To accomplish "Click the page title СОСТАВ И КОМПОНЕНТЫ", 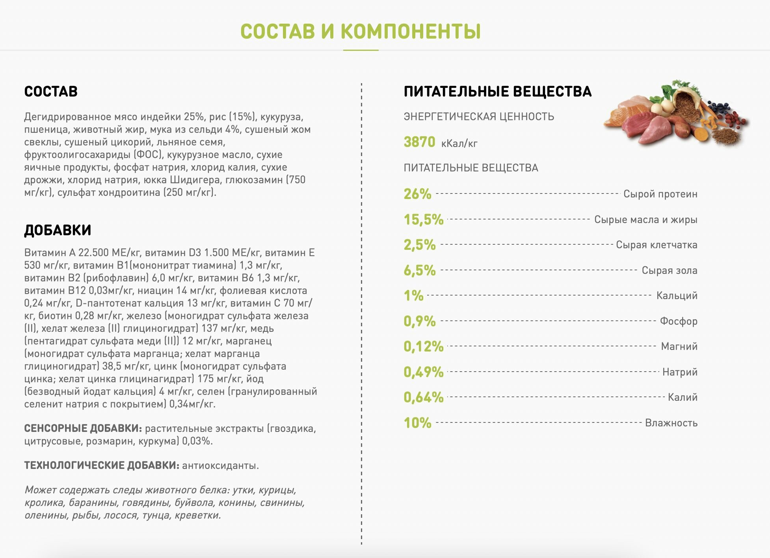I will point(360,32).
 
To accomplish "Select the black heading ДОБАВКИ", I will point(58,230).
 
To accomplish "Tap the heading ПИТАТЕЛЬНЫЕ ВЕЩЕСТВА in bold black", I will point(497,91).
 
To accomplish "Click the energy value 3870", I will point(419,142).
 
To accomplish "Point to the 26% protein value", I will point(417,194).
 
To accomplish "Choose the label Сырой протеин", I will point(660,194).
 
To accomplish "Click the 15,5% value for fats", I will point(423,219).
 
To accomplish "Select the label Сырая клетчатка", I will point(657,245).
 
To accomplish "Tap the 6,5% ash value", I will point(419,270).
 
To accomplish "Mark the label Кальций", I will point(677,296).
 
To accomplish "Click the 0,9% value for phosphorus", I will point(419,321).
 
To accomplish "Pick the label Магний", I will point(679,346).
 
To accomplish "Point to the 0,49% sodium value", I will point(423,372).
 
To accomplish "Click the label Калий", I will point(683,397).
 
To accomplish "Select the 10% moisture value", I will point(417,423).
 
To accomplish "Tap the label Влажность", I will point(671,423).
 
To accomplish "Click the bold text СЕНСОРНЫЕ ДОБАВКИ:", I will point(83,428).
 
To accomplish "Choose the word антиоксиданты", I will point(220,465).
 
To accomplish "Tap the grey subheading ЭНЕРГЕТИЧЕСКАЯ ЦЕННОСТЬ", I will point(479,117).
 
